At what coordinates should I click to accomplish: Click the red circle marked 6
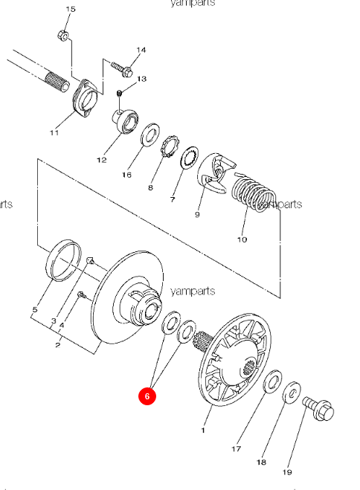tap(147, 396)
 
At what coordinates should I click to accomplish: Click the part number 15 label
tap(71, 9)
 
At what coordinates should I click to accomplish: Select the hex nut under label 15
tap(64, 35)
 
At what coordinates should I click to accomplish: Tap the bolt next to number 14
tap(122, 69)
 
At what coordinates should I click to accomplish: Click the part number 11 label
tap(54, 133)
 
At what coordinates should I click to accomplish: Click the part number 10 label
tap(242, 240)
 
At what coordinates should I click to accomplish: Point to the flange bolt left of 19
tap(319, 407)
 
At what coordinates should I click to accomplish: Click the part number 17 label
tap(237, 448)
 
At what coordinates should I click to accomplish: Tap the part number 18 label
tap(261, 462)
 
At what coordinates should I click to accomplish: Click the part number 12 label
tap(102, 160)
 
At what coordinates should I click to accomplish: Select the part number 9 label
tap(197, 215)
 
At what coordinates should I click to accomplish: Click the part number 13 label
tap(141, 78)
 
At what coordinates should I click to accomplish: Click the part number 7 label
tap(173, 200)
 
